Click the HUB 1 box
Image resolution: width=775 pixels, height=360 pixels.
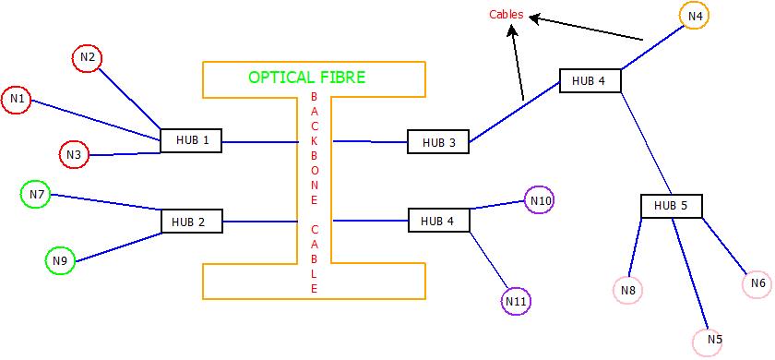[x=191, y=141]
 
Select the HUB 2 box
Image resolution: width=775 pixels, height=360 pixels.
[x=191, y=222]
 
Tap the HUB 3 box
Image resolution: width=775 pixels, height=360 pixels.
[x=438, y=142]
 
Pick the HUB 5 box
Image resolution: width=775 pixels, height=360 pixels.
[x=671, y=206]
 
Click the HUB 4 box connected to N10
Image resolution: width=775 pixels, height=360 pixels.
[x=438, y=221]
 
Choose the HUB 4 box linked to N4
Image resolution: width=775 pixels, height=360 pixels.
[x=589, y=81]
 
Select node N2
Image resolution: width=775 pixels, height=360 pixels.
[x=87, y=58]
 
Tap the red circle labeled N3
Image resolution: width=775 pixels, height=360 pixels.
[x=74, y=155]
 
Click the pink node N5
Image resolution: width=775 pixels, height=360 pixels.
[x=708, y=341]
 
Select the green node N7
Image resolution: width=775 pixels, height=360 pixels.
[x=35, y=195]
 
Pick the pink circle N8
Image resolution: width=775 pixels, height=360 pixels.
[x=627, y=292]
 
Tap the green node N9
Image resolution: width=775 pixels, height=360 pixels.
[x=60, y=261]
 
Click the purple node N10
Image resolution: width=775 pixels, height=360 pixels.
[x=540, y=200]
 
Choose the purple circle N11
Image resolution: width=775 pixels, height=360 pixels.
[x=516, y=301]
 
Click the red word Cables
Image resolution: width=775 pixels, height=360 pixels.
[x=506, y=15]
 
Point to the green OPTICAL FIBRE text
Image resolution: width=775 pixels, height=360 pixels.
[x=306, y=78]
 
